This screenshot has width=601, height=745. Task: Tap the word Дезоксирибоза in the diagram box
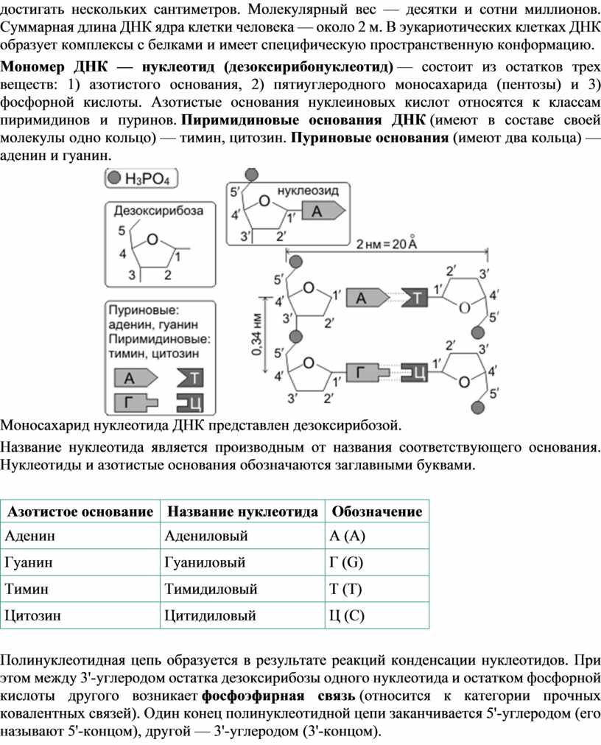click(x=158, y=211)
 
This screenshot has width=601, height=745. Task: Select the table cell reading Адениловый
click(x=206, y=536)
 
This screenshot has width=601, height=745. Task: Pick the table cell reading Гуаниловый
click(x=205, y=562)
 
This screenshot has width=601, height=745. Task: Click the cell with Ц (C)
click(x=347, y=616)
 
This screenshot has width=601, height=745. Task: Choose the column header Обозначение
click(x=377, y=511)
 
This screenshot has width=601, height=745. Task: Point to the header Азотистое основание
click(x=80, y=511)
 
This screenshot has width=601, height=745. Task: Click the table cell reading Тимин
click(x=27, y=590)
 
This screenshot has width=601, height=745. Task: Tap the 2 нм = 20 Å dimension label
click(x=387, y=244)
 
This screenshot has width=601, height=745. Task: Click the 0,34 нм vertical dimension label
click(x=258, y=335)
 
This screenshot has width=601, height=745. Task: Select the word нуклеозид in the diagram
click(x=308, y=191)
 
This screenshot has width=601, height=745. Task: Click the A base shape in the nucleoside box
click(x=323, y=211)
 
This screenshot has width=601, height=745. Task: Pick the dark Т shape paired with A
click(x=415, y=298)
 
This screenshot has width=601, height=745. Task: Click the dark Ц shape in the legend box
click(x=190, y=403)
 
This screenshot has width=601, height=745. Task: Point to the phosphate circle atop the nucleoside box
click(x=251, y=175)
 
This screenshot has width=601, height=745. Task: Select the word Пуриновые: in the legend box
click(x=144, y=310)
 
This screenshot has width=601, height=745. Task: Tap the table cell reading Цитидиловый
click(x=211, y=616)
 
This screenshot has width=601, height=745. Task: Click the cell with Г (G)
click(x=346, y=562)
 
